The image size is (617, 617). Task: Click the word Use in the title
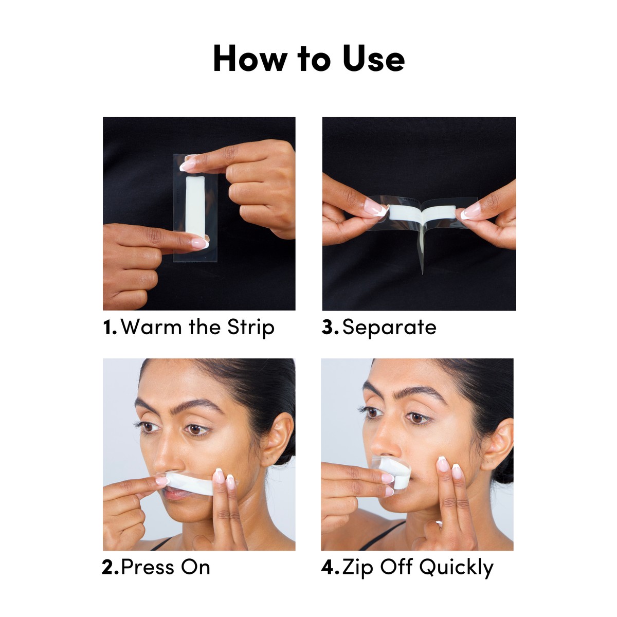[x=374, y=59]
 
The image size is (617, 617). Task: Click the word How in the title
[x=250, y=59]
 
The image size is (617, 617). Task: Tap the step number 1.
[x=110, y=328]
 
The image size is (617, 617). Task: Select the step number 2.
[x=110, y=568]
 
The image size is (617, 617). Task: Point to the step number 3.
[x=330, y=328]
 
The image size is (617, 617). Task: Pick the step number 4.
[x=330, y=568]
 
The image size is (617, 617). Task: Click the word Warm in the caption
[x=151, y=328]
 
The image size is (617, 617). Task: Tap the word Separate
[x=389, y=328]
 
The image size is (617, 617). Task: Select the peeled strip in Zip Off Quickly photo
[x=396, y=473]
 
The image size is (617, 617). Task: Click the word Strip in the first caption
[x=251, y=328]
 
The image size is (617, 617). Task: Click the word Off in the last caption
[x=396, y=568]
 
